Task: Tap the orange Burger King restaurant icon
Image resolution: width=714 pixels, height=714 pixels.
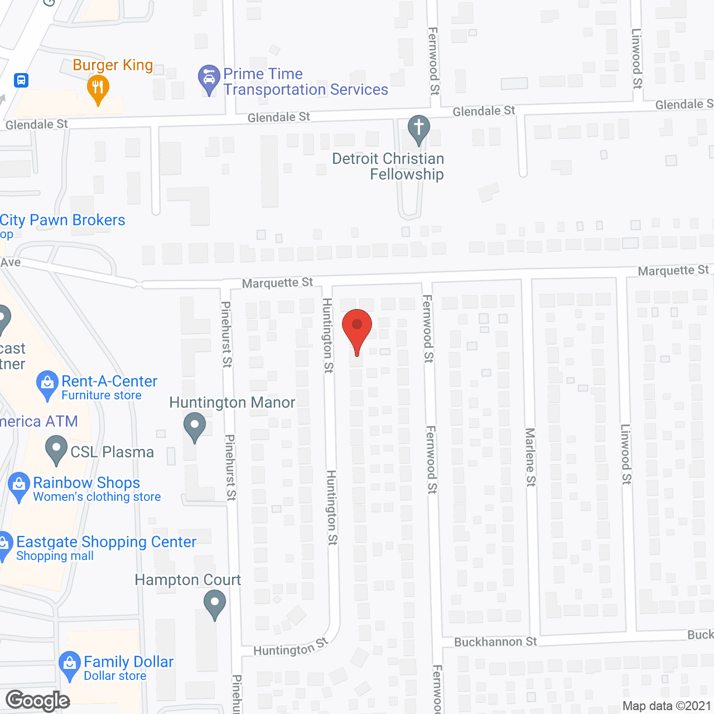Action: pos(98,88)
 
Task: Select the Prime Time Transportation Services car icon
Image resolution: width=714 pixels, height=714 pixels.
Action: pos(209,78)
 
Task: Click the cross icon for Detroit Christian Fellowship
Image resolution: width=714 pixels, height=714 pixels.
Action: pos(419,128)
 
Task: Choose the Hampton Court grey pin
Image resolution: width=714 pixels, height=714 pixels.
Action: pos(215,604)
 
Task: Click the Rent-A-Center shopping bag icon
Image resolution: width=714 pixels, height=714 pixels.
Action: pos(47,384)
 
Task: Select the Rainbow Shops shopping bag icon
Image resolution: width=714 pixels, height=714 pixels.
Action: pos(19,485)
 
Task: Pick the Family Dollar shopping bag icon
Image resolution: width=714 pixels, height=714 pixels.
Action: pos(70,664)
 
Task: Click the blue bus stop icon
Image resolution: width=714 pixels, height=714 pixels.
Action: pos(21,80)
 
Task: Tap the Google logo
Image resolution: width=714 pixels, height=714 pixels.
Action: pos(38,701)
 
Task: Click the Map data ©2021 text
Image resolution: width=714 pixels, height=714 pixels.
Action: pos(667,706)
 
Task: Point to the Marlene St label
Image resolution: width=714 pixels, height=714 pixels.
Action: pos(530,457)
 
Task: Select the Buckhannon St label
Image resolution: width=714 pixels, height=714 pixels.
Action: pos(495,642)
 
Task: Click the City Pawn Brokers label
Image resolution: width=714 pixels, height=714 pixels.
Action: pos(62,220)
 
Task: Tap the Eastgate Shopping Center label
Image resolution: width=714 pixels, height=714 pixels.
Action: pos(106,542)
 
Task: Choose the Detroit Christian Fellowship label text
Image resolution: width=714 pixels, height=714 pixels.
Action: pos(389,166)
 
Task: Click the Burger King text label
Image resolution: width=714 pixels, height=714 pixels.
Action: pos(113,65)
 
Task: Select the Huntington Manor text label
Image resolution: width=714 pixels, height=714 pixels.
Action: pos(232,403)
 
